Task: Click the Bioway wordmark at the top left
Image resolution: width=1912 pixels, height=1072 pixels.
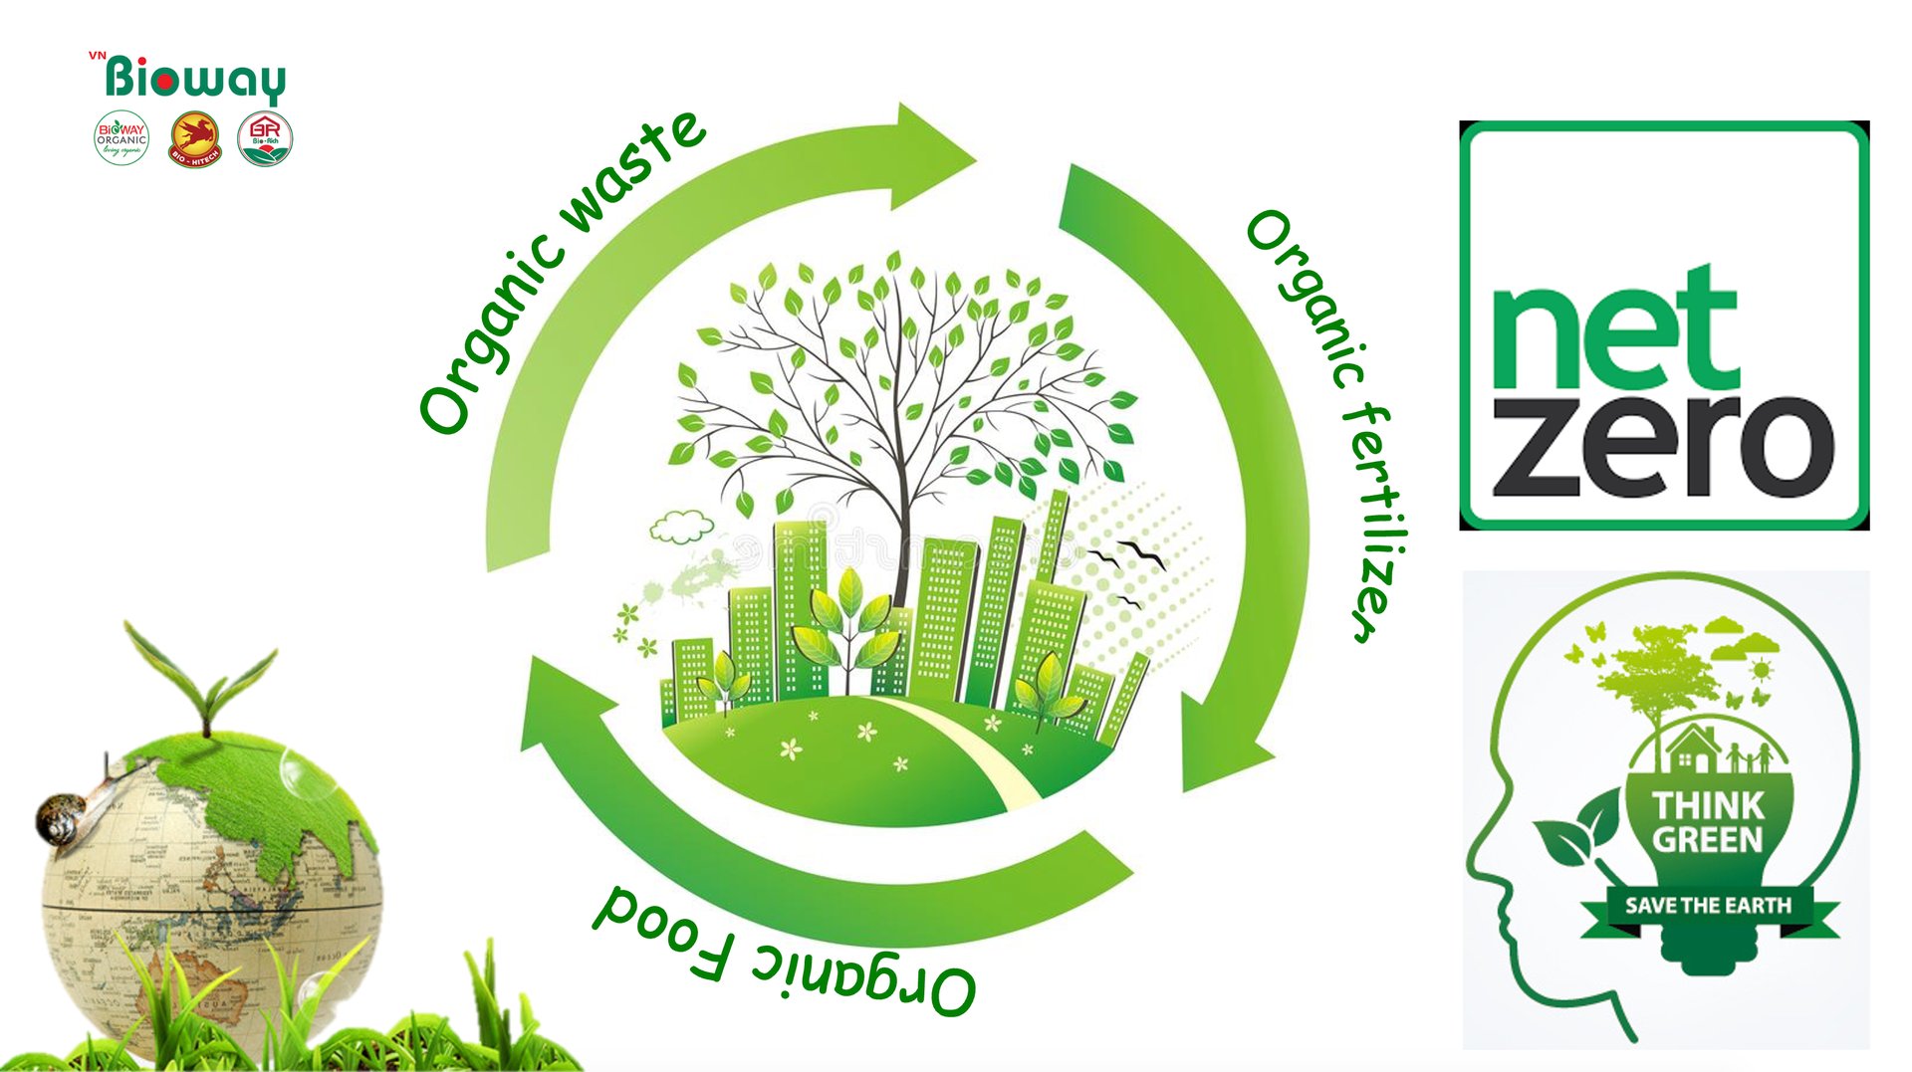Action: tap(195, 79)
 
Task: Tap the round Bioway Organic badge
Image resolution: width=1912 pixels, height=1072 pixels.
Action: tap(121, 138)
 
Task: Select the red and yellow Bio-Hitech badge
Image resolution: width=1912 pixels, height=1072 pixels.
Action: tap(195, 138)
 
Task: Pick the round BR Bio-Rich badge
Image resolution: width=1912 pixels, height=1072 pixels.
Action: tap(265, 138)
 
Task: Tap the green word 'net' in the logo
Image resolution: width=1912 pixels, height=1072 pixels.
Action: tap(1614, 329)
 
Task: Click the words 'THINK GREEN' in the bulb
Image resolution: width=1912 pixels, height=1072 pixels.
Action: tap(1707, 822)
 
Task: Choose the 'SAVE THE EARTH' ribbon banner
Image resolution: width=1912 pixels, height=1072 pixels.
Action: tap(1708, 906)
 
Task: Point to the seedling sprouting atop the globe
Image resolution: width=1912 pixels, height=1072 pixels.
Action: tap(204, 677)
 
